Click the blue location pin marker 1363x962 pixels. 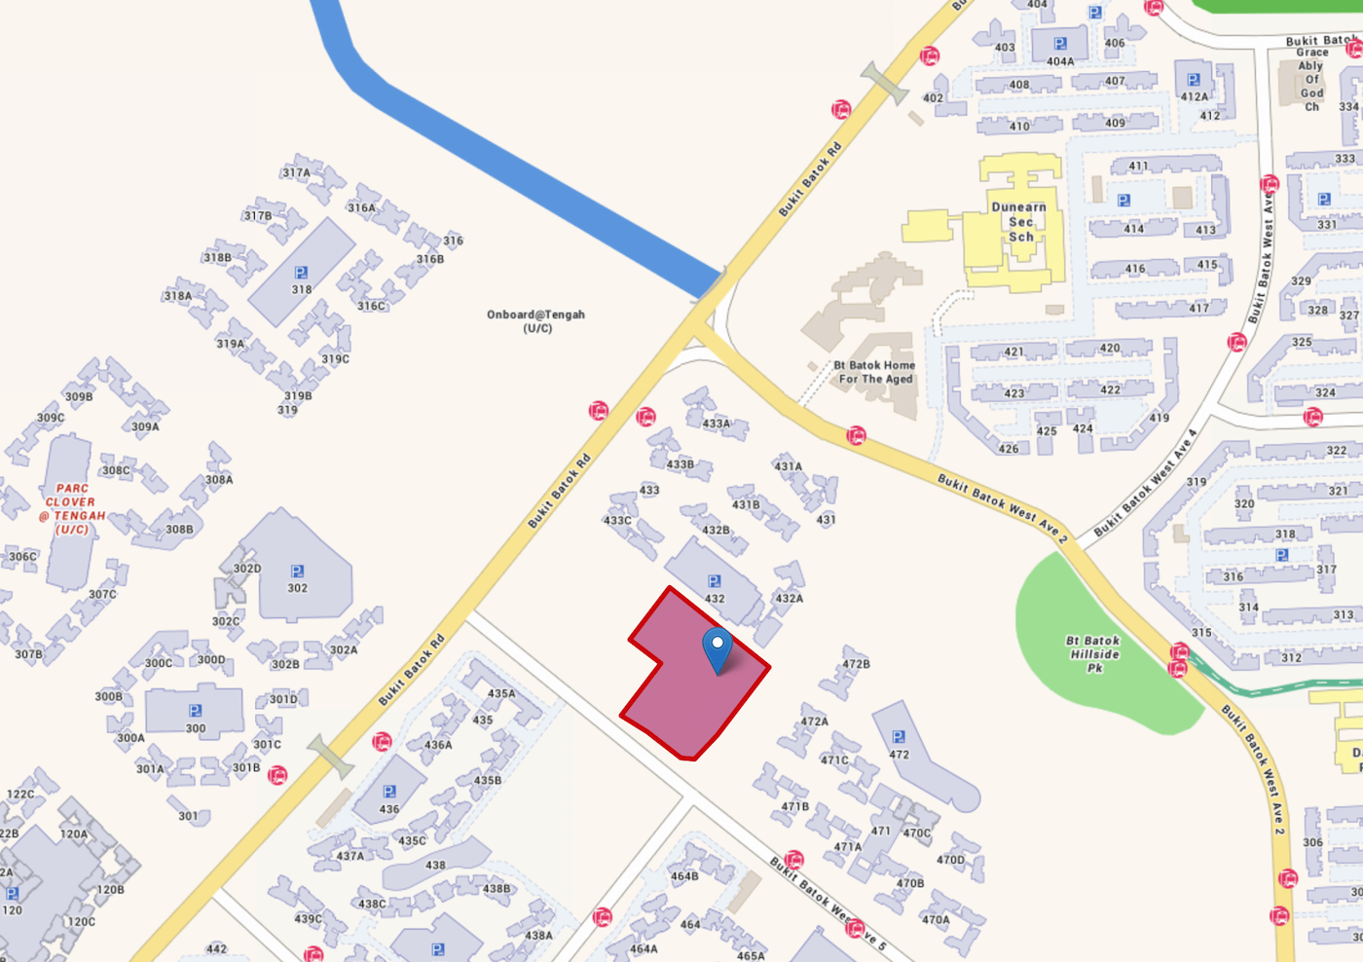click(x=718, y=648)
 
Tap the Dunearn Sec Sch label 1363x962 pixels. click(x=1019, y=222)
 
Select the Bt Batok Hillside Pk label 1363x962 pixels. click(x=1094, y=654)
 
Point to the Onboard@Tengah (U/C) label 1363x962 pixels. click(x=536, y=321)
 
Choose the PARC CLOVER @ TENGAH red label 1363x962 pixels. click(x=73, y=509)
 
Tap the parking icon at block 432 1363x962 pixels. click(x=715, y=581)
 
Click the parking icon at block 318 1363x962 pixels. click(x=301, y=274)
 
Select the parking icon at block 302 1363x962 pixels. click(x=297, y=572)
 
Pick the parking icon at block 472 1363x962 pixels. click(x=899, y=737)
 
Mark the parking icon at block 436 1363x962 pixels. click(x=389, y=793)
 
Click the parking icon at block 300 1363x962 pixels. click(x=195, y=711)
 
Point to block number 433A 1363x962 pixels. click(x=717, y=424)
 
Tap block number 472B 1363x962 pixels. click(x=857, y=664)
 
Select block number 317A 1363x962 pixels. click(x=296, y=173)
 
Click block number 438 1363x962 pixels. click(x=435, y=865)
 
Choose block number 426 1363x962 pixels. click(x=1009, y=449)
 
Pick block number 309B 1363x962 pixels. click(x=79, y=397)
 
